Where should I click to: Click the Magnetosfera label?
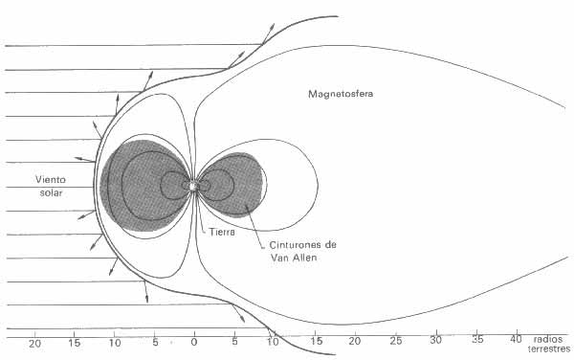pyautogui.click(x=342, y=94)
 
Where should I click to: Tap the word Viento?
pyautogui.click(x=52, y=179)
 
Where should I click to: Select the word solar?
pyautogui.click(x=50, y=193)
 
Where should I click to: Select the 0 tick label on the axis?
pyautogui.click(x=194, y=341)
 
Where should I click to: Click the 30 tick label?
pyautogui.click(x=436, y=341)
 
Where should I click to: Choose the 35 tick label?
pyautogui.click(x=476, y=341)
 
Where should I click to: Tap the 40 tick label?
pyautogui.click(x=517, y=341)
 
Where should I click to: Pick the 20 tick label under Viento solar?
pyautogui.click(x=34, y=341)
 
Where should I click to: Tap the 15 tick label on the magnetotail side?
pyautogui.click(x=315, y=341)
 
